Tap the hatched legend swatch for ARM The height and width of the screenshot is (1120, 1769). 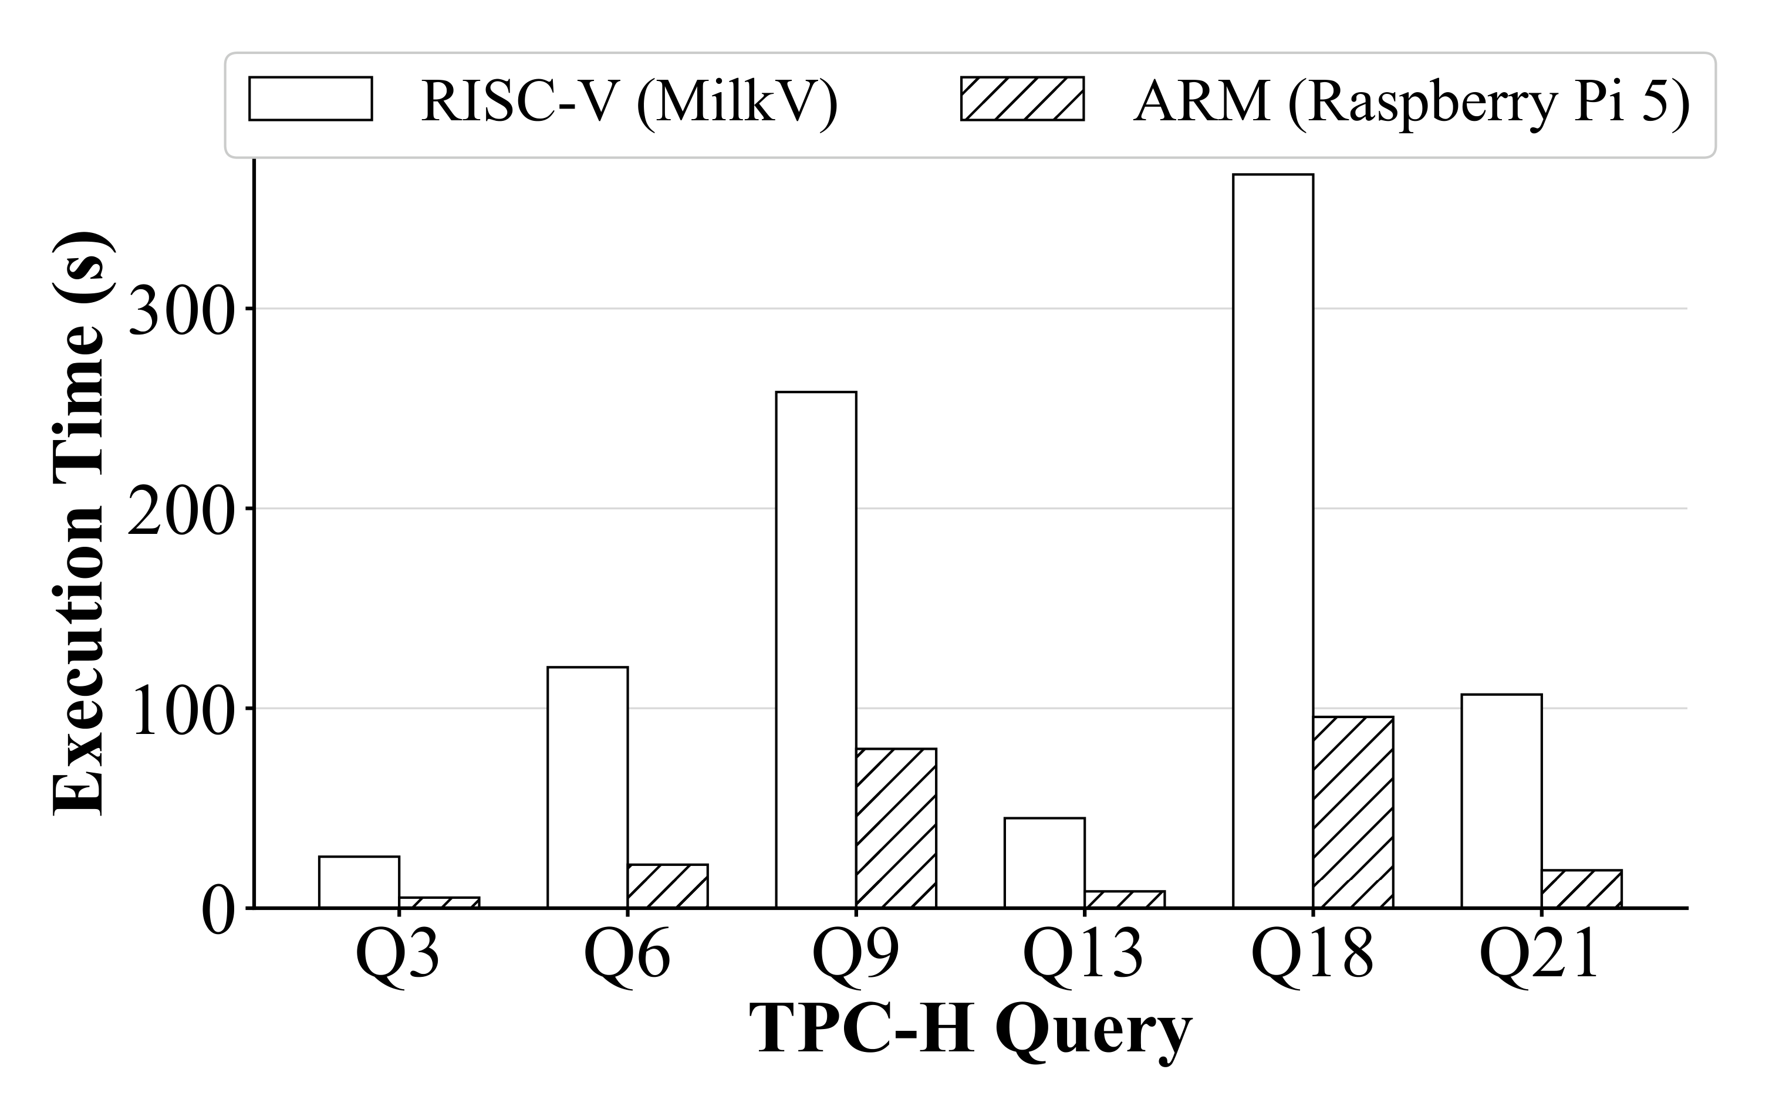(x=1022, y=99)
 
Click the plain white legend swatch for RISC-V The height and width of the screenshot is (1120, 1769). (x=310, y=99)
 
